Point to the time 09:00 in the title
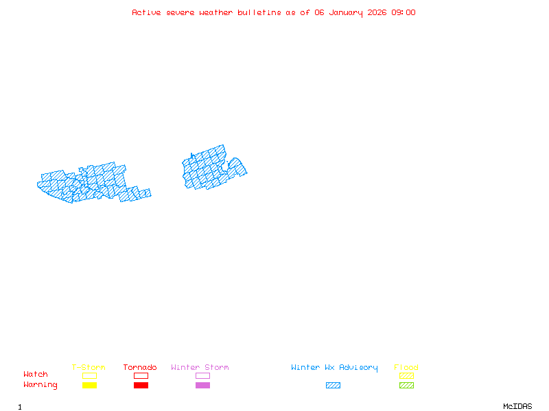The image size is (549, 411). pyautogui.click(x=404, y=12)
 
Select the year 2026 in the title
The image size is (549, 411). pyautogui.click(x=377, y=12)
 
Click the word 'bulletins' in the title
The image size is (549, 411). pyautogui.click(x=259, y=12)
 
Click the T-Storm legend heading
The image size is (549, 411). pyautogui.click(x=89, y=368)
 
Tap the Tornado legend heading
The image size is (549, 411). pyautogui.click(x=140, y=368)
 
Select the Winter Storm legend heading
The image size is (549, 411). pyautogui.click(x=200, y=368)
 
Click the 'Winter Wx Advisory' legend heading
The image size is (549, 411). pyautogui.click(x=334, y=368)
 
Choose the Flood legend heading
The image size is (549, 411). pyautogui.click(x=406, y=368)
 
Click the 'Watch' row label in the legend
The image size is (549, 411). pyautogui.click(x=36, y=375)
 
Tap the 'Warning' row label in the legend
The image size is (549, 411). pyautogui.click(x=40, y=385)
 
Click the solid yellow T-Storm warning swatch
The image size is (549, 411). pyautogui.click(x=89, y=385)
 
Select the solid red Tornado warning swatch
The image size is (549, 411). pyautogui.click(x=141, y=385)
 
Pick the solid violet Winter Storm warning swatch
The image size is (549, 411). pyautogui.click(x=202, y=385)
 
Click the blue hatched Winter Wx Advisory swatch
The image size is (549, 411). pyautogui.click(x=333, y=385)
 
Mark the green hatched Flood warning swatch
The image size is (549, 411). pyautogui.click(x=406, y=385)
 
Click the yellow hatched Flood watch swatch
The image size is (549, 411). pyautogui.click(x=406, y=375)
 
